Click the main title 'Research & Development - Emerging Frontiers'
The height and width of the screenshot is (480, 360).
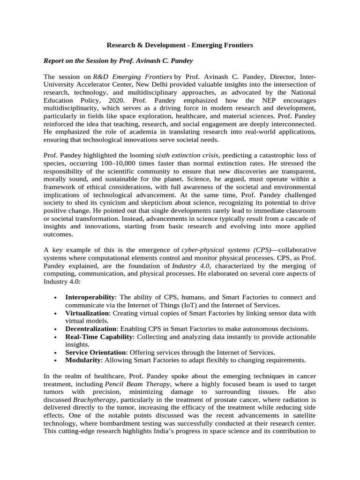click(180, 45)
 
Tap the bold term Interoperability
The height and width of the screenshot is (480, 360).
click(90, 297)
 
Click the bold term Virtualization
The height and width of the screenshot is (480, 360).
click(87, 313)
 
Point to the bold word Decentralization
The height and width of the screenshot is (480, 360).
click(90, 329)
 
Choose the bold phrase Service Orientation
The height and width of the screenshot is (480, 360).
click(95, 352)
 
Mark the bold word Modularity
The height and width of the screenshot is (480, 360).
click(82, 360)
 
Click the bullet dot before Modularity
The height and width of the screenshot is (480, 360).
click(56, 360)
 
